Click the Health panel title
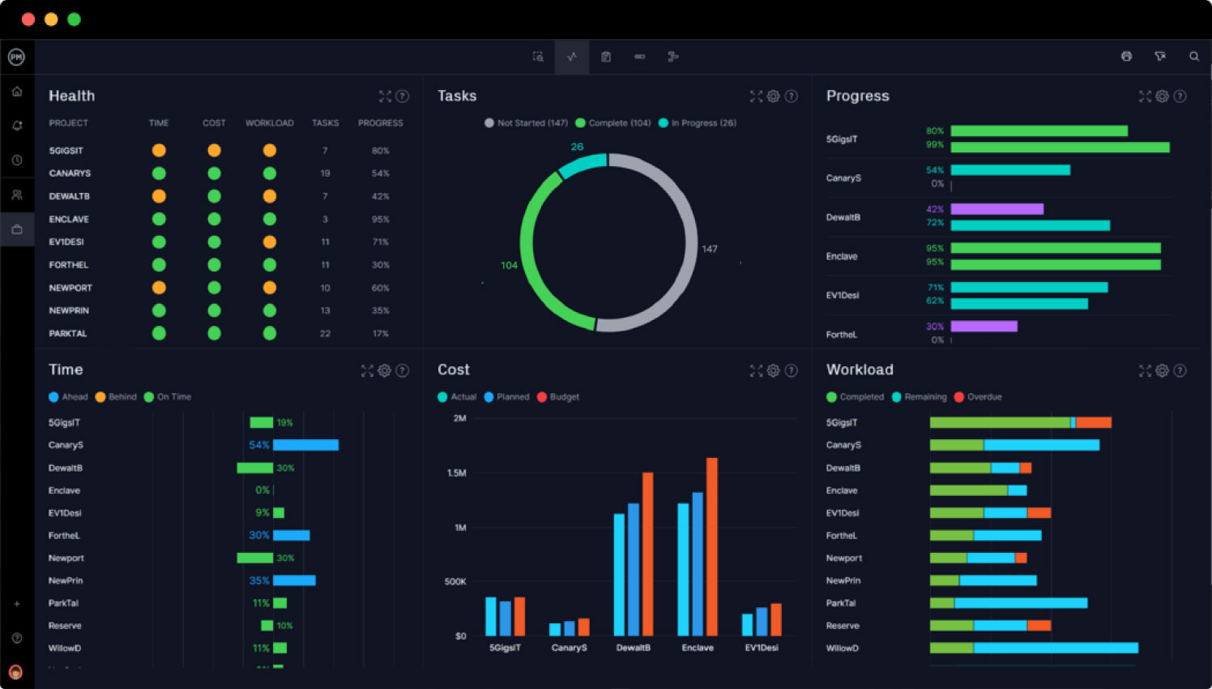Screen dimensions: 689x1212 pos(71,96)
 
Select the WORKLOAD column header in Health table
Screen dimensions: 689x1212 pos(269,123)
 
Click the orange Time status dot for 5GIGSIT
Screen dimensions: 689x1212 pos(159,150)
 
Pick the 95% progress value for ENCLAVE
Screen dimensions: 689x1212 pos(380,220)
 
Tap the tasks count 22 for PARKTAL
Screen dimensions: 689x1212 pos(325,334)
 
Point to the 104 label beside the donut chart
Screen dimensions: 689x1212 pos(509,265)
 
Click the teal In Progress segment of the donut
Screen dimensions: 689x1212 pos(582,165)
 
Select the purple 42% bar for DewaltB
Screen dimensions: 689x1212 pos(996,209)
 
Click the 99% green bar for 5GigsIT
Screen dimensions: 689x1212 pos(1060,148)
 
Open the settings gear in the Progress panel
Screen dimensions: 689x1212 pos(1162,96)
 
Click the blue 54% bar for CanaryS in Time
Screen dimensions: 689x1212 pos(305,445)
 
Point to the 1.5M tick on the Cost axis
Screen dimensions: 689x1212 pos(457,473)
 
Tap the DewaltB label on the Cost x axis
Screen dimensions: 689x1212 pos(633,648)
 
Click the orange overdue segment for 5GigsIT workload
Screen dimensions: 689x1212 pos(1093,422)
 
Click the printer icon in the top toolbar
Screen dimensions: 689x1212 pos(1126,57)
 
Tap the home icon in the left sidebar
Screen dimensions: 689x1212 pos(17,92)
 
